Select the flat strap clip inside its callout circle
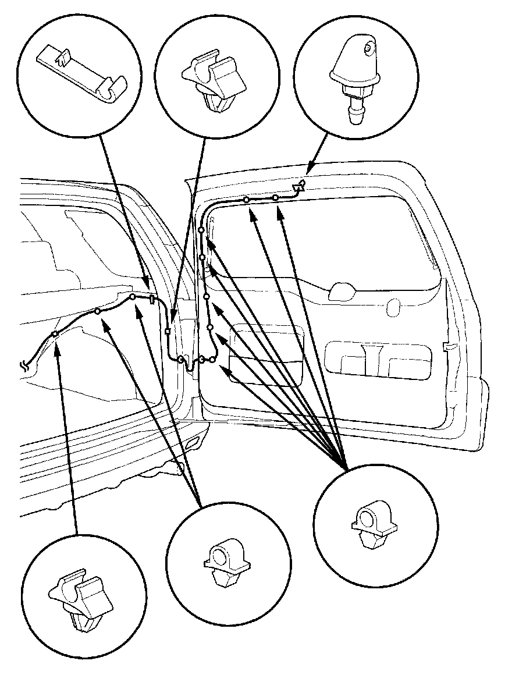(x=81, y=76)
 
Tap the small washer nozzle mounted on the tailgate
(x=300, y=186)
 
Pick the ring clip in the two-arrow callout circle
(x=227, y=562)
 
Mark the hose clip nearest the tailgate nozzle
(x=275, y=198)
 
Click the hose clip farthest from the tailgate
(x=54, y=334)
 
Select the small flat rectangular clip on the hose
(x=152, y=300)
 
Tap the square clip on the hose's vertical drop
(x=168, y=332)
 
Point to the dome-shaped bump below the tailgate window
(x=343, y=291)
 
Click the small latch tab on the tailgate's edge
(x=448, y=347)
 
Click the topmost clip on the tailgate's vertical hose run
(x=201, y=231)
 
